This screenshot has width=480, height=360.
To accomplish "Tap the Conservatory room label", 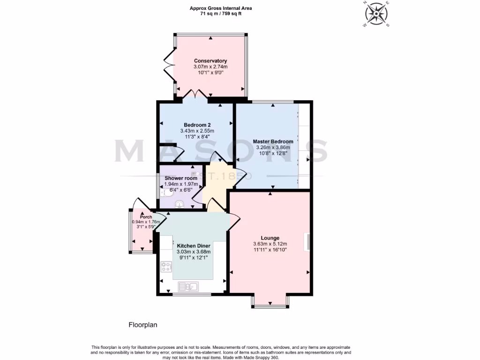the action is pyautogui.click(x=210, y=61).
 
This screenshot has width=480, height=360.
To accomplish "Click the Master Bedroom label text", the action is pyautogui.click(x=273, y=141).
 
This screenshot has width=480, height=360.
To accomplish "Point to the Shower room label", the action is pyautogui.click(x=180, y=179).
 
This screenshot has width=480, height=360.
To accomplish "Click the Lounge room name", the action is pyautogui.click(x=270, y=238).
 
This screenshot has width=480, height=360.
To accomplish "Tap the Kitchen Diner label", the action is pyautogui.click(x=194, y=246).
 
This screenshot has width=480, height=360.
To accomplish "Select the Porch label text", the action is pyautogui.click(x=146, y=217).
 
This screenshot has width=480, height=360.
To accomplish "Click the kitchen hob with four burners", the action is pyautogui.click(x=166, y=267).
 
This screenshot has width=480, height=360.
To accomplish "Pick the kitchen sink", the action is pyautogui.click(x=189, y=285).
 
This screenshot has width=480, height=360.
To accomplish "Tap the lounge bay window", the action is pyautogui.click(x=270, y=306).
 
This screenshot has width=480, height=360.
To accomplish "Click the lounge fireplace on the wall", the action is pyautogui.click(x=308, y=242).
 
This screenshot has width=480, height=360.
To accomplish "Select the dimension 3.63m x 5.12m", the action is pyautogui.click(x=270, y=244).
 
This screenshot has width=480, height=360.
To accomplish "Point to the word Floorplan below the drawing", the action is pyautogui.click(x=143, y=324).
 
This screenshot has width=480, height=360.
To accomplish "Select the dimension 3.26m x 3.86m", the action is pyautogui.click(x=273, y=147).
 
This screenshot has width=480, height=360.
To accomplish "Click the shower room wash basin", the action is pyautogui.click(x=180, y=204).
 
